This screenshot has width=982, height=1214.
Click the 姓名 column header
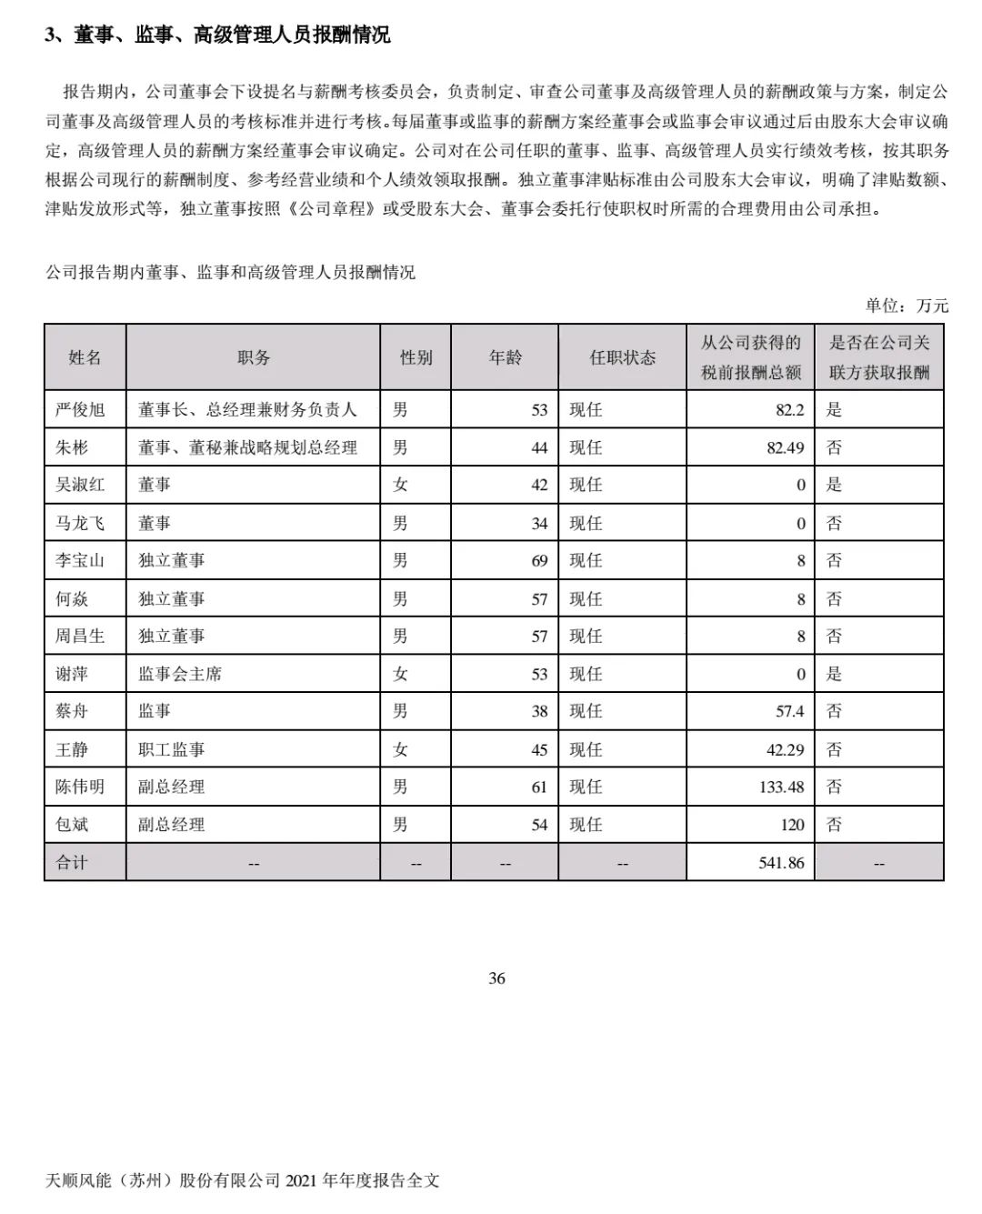[x=85, y=357]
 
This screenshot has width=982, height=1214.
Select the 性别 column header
[x=416, y=357]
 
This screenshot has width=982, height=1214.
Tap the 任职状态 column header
[x=622, y=357]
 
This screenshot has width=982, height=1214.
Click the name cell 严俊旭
[x=80, y=410]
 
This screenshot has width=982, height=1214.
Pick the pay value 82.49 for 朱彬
[x=785, y=447]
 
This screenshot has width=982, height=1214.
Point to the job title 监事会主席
[x=180, y=674]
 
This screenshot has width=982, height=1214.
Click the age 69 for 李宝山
[x=539, y=561]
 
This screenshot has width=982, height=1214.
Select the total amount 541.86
[x=781, y=862]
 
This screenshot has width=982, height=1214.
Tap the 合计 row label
[x=72, y=862]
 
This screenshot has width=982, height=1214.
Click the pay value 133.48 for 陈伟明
[x=781, y=787]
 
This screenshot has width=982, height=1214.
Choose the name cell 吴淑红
[x=80, y=485]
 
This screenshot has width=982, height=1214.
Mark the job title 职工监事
[x=172, y=749]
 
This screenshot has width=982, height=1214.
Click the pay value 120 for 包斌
[x=791, y=825]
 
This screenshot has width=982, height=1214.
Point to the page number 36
[x=496, y=978]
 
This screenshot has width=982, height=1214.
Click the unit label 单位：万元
[x=907, y=306]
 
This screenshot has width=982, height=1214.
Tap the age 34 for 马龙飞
[x=539, y=524]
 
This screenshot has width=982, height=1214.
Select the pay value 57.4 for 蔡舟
[x=789, y=711]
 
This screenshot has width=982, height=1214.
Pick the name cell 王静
[x=72, y=749]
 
